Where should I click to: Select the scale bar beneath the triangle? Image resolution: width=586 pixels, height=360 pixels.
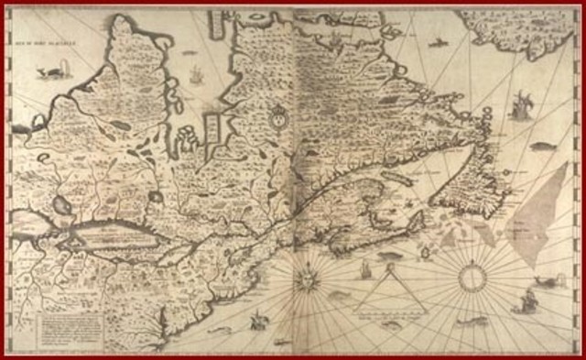[388, 312]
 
